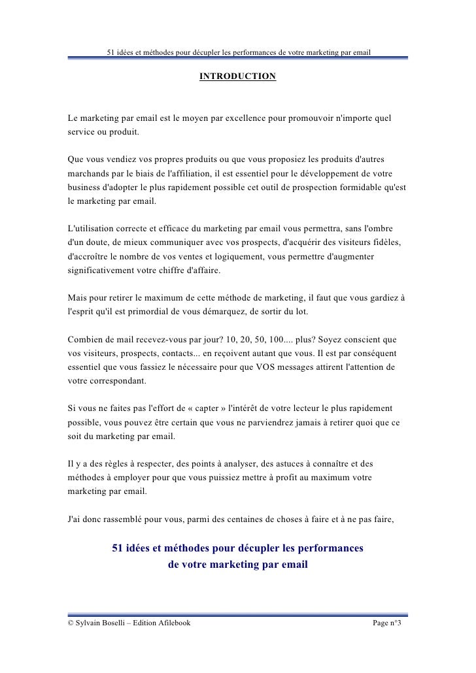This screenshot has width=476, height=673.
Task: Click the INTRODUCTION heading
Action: pos(237,77)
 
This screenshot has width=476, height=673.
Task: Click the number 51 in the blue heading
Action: pos(120,547)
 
